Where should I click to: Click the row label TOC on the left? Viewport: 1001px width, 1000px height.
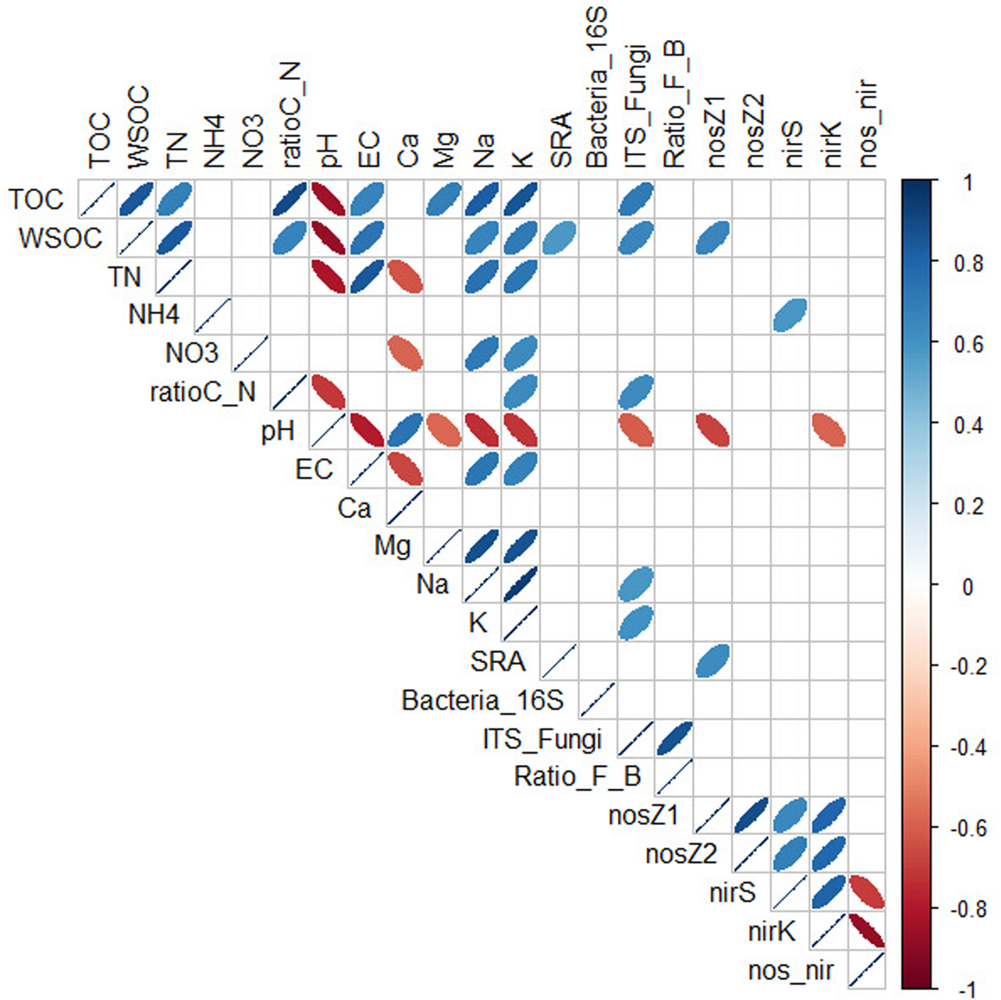pos(36,199)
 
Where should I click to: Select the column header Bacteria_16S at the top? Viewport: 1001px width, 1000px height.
pos(597,87)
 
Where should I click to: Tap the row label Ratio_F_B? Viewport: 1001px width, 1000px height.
pos(577,777)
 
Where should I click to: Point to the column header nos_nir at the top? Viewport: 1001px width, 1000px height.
pos(867,123)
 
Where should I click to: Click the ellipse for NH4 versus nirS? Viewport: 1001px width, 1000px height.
pos(790,315)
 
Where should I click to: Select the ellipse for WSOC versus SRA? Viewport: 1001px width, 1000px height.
pos(559,238)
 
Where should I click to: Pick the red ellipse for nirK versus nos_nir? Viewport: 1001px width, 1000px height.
pos(867,931)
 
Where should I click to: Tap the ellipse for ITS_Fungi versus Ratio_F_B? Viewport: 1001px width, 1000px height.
pos(675,738)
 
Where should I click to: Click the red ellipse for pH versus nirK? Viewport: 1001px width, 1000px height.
pos(829,430)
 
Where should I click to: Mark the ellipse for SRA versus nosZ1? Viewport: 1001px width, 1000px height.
pos(713,661)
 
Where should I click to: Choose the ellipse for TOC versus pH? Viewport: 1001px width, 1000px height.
pos(328,199)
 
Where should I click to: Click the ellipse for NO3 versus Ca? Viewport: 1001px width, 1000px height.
pos(405,353)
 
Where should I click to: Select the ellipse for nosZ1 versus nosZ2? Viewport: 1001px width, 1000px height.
pos(751,815)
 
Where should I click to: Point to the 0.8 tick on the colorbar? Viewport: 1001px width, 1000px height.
pos(968,263)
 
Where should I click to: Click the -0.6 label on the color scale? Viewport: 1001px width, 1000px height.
pos(968,828)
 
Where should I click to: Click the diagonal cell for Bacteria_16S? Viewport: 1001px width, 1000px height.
pos(597,700)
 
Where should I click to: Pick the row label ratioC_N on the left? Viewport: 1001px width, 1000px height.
pos(203,392)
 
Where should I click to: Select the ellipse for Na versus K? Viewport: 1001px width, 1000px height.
pos(521,584)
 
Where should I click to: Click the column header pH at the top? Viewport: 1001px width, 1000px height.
pos(328,150)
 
